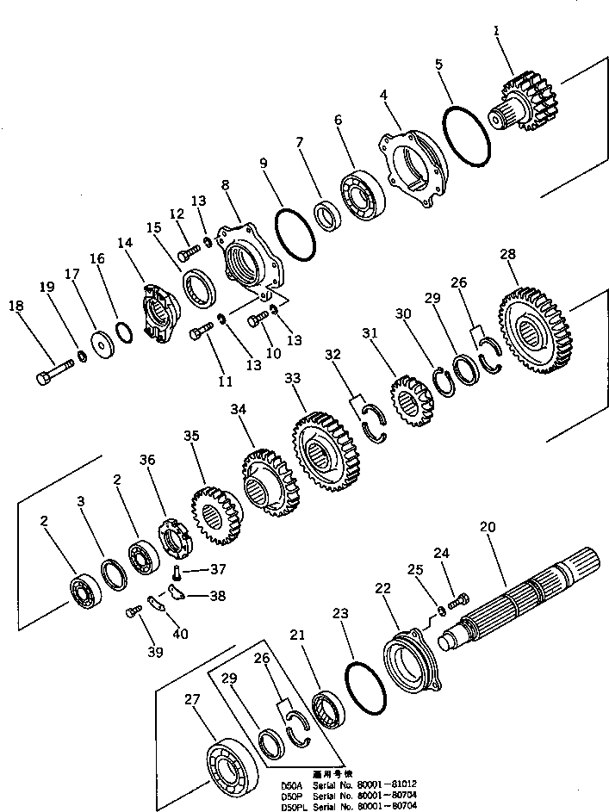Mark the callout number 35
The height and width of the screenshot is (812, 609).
tap(191, 436)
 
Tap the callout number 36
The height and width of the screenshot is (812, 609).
tap(147, 461)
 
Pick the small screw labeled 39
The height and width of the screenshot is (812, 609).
tap(134, 611)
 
